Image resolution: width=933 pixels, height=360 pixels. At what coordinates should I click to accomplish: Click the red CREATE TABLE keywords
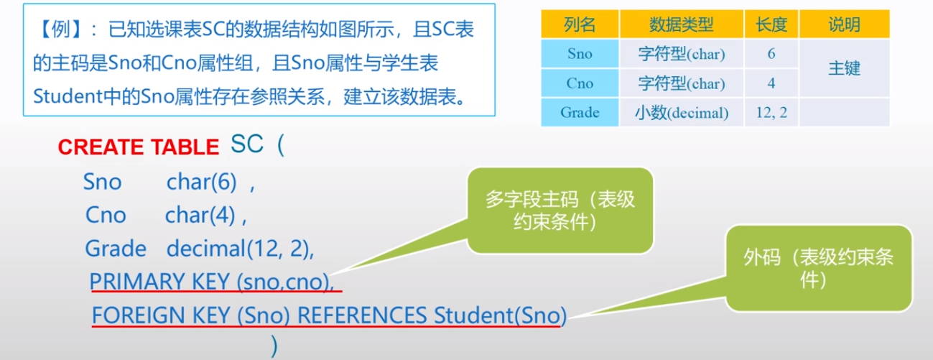click(x=138, y=147)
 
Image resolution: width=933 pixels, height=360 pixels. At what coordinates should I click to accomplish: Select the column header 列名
click(x=580, y=25)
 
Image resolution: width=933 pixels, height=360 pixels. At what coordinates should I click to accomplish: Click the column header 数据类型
click(x=681, y=25)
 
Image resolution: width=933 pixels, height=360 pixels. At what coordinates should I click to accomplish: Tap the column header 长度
click(x=771, y=25)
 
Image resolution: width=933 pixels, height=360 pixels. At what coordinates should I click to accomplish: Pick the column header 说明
click(x=844, y=25)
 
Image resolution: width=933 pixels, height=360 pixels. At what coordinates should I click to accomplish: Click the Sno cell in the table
click(x=580, y=54)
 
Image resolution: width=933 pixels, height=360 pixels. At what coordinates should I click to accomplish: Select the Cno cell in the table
click(x=580, y=83)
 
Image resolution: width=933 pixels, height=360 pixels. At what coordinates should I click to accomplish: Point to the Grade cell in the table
click(x=580, y=113)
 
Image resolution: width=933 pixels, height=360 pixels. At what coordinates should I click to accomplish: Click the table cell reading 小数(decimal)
click(x=681, y=113)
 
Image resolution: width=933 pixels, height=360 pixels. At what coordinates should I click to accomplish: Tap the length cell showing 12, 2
click(x=771, y=113)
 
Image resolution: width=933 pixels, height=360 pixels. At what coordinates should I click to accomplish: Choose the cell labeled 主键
click(x=844, y=69)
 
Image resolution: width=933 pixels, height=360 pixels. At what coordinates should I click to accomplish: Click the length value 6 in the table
click(x=771, y=54)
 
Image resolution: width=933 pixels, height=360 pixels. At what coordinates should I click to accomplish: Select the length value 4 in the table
click(x=771, y=83)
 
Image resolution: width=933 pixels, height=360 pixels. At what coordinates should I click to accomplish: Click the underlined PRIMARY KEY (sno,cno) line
click(x=213, y=282)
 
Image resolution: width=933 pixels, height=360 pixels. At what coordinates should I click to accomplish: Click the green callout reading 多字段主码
click(x=560, y=211)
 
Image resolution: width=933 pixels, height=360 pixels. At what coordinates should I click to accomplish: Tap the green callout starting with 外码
click(x=819, y=269)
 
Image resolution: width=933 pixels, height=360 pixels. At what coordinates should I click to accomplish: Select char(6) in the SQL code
click(x=202, y=183)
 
